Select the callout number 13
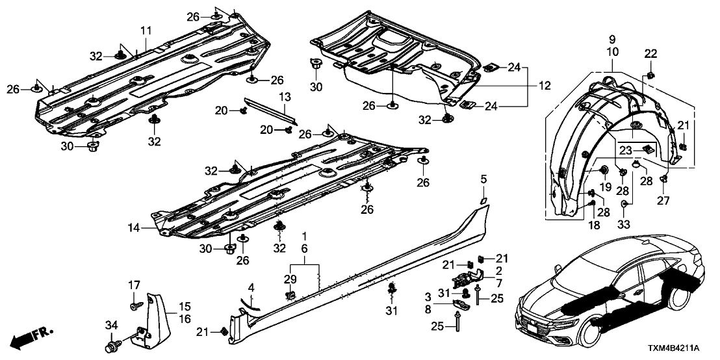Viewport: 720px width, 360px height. tap(283, 97)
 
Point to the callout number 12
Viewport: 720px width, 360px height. tap(544, 85)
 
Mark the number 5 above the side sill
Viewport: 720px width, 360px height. tap(483, 179)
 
